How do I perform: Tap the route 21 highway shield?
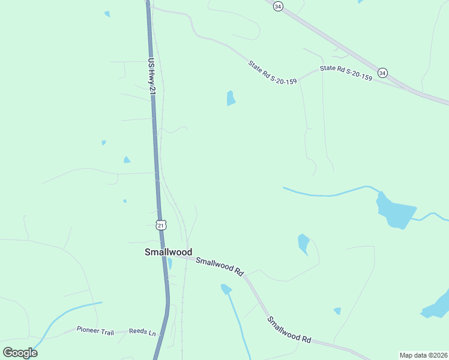click(x=160, y=224)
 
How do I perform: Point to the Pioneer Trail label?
click(x=94, y=329)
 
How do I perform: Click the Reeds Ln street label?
click(x=142, y=332)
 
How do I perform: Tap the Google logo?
click(x=20, y=352)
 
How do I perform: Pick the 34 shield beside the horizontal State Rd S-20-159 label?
click(x=383, y=73)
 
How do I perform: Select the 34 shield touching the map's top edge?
click(x=277, y=5)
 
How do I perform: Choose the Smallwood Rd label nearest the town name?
click(x=220, y=266)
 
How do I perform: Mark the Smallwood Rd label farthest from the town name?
click(x=289, y=330)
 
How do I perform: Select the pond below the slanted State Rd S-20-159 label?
click(x=231, y=98)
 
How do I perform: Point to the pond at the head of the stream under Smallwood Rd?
click(x=226, y=289)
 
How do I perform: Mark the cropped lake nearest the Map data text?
click(x=436, y=306)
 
